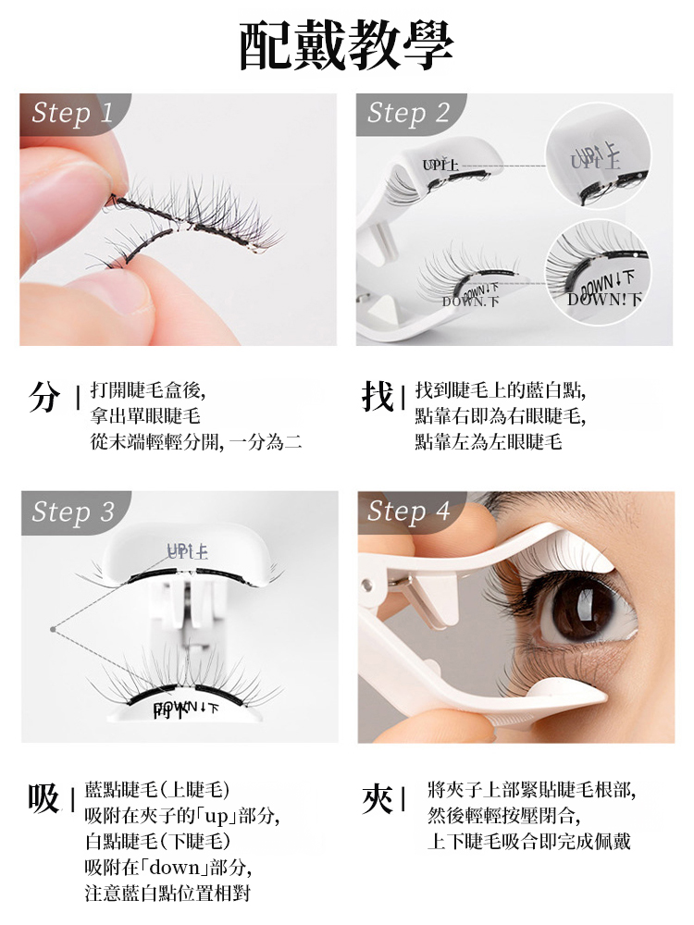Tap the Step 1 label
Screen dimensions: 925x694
72,113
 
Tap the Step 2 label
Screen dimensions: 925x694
408,113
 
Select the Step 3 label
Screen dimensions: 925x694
72,512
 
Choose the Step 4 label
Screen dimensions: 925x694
408,512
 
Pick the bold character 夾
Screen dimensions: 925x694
378,796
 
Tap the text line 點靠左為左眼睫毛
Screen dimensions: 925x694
489,441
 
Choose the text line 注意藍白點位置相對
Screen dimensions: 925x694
167,894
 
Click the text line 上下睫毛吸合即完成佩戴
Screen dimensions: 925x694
528,842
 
